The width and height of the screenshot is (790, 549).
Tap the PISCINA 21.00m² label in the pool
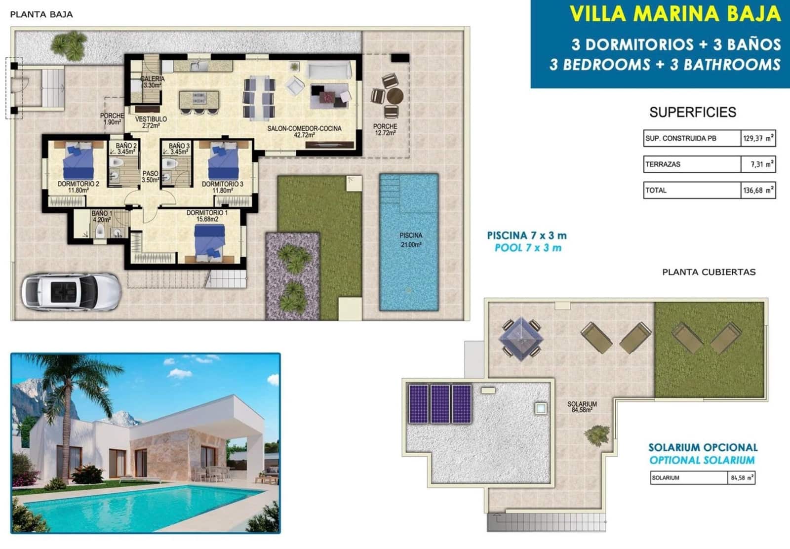pyautogui.click(x=411, y=240)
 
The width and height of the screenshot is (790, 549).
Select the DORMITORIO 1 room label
pyautogui.click(x=207, y=216)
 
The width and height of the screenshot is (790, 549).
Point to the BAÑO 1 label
pyautogui.click(x=101, y=217)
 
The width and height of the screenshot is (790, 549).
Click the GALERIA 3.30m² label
pyautogui.click(x=152, y=82)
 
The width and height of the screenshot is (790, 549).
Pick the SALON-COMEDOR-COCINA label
pyautogui.click(x=304, y=131)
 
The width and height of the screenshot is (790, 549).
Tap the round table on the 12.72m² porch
pyautogui.click(x=395, y=96)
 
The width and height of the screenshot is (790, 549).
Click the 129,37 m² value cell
pyautogui.click(x=758, y=139)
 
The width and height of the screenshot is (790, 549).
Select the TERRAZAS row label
pyautogui.click(x=663, y=164)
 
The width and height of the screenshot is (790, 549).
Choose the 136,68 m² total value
pyautogui.click(x=758, y=191)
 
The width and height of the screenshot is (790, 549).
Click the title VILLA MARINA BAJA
pyautogui.click(x=674, y=14)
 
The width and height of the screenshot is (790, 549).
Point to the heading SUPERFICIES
pyautogui.click(x=692, y=113)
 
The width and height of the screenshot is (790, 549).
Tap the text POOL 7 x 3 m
pyautogui.click(x=528, y=248)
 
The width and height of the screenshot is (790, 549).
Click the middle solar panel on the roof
pyautogui.click(x=440, y=404)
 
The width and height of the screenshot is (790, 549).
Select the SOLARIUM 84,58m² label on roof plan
pyautogui.click(x=582, y=407)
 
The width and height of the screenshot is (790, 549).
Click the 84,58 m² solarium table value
pyautogui.click(x=742, y=478)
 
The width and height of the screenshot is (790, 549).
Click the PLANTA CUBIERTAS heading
pyautogui.click(x=709, y=272)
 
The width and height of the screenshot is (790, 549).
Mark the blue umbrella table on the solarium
pyautogui.click(x=520, y=339)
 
